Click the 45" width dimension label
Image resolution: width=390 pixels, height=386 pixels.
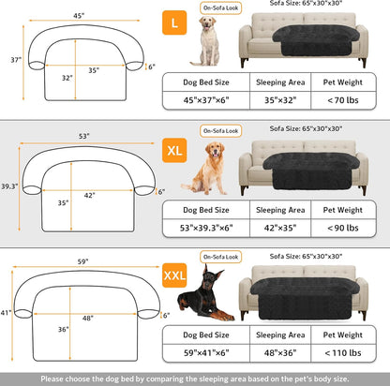pyautogui.click(x=82, y=15)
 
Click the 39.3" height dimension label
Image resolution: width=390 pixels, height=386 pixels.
pyautogui.click(x=9, y=186)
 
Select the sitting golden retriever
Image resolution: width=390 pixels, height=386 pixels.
pyautogui.click(x=208, y=169)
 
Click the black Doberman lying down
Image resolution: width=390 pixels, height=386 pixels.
pyautogui.click(x=201, y=299)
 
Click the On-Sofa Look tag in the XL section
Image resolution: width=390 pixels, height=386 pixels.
pyautogui.click(x=218, y=130)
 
